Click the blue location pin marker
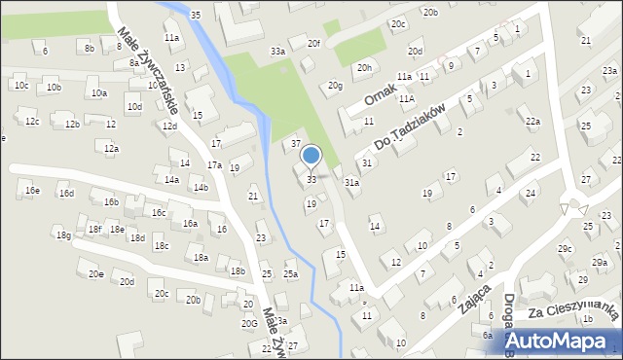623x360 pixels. [311, 156]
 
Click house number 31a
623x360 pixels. [352, 182]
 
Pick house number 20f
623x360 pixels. [313, 44]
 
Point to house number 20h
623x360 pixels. [364, 67]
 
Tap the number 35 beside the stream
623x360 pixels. [196, 15]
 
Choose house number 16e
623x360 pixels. [33, 191]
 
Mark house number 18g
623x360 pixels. [63, 235]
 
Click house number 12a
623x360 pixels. [112, 149]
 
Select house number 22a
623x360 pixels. [532, 121]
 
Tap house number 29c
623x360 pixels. [565, 249]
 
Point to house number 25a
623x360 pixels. [290, 274]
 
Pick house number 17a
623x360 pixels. [213, 165]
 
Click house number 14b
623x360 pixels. [200, 187]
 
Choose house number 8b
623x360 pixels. [89, 47]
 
